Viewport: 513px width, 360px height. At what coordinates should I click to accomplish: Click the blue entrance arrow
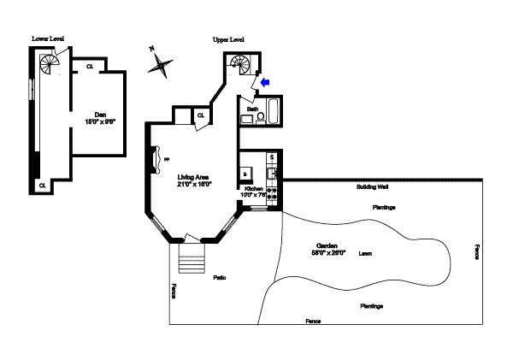click(264, 82)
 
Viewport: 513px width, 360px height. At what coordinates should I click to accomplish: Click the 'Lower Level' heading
click(48, 38)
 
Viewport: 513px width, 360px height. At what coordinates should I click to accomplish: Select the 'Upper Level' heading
click(228, 39)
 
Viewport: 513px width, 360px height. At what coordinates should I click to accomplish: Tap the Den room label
click(99, 115)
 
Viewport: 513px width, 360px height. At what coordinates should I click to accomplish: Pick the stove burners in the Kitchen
click(272, 193)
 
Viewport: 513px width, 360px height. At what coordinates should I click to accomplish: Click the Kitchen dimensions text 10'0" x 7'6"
click(255, 195)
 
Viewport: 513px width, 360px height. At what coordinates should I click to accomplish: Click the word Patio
click(219, 278)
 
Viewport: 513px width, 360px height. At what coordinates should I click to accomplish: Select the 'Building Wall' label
click(373, 187)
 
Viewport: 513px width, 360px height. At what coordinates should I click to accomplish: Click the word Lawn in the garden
click(365, 253)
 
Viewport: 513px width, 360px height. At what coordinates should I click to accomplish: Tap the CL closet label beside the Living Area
click(201, 115)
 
